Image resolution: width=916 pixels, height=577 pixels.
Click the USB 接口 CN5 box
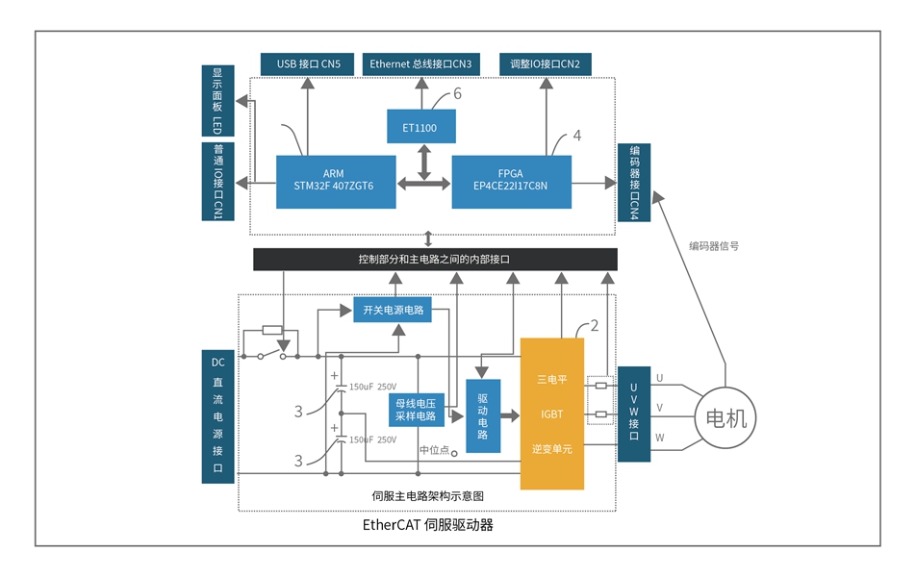pos(309,64)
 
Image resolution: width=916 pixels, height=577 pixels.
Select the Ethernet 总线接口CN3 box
pos(420,64)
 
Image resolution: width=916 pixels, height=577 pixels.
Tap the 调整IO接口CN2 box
pos(546,64)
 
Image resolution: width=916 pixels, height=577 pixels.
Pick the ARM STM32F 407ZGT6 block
pos(335,181)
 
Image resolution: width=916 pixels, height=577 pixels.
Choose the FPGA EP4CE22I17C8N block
pos(511,181)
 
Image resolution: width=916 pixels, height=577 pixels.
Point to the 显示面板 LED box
pos(217,102)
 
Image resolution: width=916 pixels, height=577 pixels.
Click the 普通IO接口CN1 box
pos(217,182)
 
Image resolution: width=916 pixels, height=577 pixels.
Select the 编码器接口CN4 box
pos(635,182)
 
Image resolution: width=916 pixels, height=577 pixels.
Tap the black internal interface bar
pos(435,260)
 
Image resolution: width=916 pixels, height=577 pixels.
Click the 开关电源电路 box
pos(393,310)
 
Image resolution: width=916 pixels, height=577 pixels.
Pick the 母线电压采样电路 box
pos(417,410)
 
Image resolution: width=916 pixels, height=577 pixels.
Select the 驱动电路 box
pos(483,415)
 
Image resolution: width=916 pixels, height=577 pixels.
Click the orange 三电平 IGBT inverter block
pos(552,414)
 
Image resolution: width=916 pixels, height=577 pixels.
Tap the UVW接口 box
pos(635,414)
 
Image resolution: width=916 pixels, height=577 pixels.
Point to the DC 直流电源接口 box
pos(217,415)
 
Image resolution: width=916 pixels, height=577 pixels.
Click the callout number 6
pos(457,93)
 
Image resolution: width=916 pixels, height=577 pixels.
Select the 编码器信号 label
pos(714,246)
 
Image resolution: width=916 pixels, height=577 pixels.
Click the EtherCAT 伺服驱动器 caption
pos(428,526)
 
